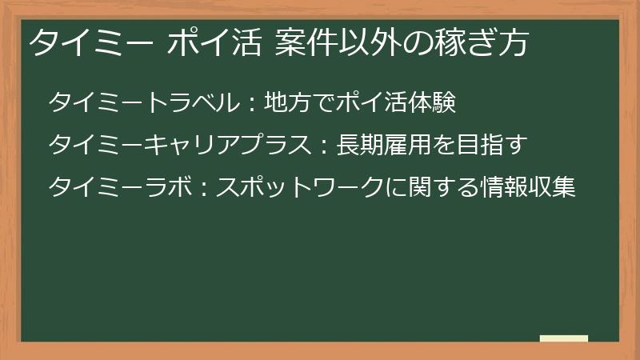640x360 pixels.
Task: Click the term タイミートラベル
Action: coord(143,103)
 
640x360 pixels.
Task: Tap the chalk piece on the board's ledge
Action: coord(563,338)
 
